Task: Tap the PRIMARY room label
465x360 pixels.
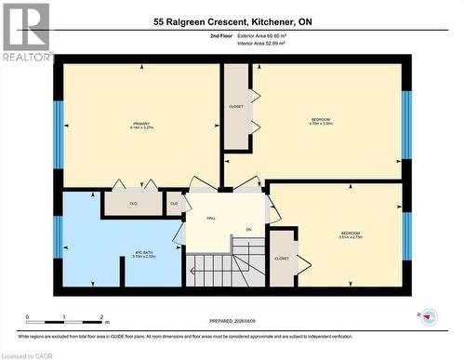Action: (x=141, y=126)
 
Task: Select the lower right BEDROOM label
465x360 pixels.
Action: (x=351, y=234)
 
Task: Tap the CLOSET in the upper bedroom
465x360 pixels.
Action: (x=236, y=107)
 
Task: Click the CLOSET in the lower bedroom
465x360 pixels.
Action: (x=282, y=259)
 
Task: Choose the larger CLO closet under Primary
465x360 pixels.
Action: (x=133, y=202)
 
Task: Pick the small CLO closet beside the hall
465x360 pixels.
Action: (x=174, y=203)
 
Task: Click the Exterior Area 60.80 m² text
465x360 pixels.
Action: (x=273, y=34)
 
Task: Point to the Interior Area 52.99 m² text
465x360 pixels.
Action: (x=272, y=42)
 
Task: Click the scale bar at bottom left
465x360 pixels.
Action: (x=65, y=318)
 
